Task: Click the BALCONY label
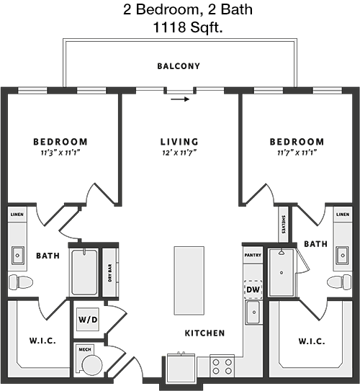tap(179, 66)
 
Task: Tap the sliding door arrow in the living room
tap(180, 99)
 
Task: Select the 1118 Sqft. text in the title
tap(188, 27)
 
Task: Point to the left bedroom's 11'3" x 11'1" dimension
tap(60, 153)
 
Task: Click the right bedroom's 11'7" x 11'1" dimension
tap(297, 153)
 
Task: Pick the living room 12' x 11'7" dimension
tap(179, 153)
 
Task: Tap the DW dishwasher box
tap(253, 289)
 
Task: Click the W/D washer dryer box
tap(88, 320)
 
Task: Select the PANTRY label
tap(253, 255)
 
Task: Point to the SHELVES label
tap(283, 225)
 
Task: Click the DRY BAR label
tap(110, 273)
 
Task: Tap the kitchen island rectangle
tap(189, 281)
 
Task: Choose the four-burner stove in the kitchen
tap(222, 366)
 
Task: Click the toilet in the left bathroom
tap(21, 282)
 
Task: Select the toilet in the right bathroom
tap(339, 282)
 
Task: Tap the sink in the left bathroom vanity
tap(18, 256)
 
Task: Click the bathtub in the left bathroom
tap(84, 272)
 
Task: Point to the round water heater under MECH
tap(92, 365)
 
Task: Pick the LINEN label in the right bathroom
tap(343, 214)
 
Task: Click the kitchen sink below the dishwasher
tap(253, 313)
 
